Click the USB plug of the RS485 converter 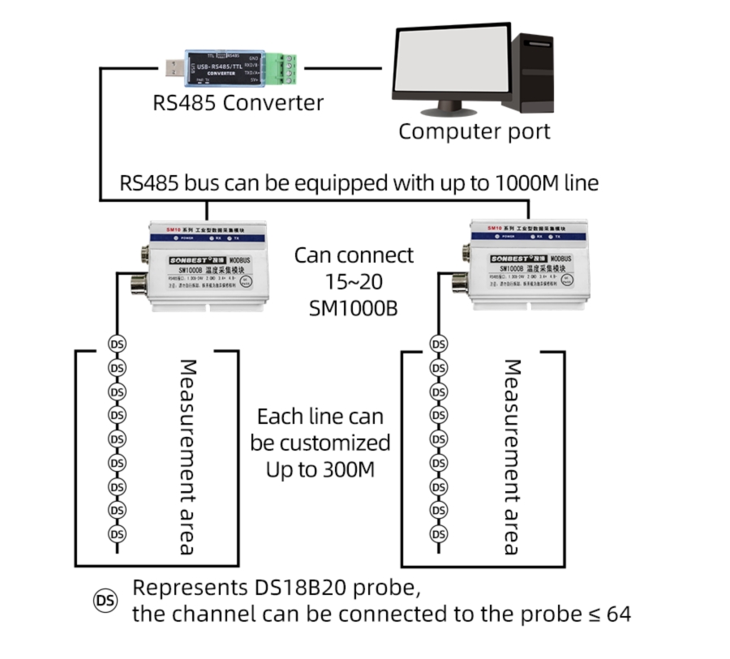[172, 68]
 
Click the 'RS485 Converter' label [238, 103]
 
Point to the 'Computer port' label [474, 131]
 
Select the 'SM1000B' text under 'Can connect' [354, 308]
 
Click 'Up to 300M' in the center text [320, 469]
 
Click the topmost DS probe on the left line [117, 344]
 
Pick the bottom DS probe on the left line [117, 534]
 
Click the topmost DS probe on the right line [439, 344]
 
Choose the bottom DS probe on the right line [439, 534]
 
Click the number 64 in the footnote [617, 614]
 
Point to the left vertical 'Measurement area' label [187, 457]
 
